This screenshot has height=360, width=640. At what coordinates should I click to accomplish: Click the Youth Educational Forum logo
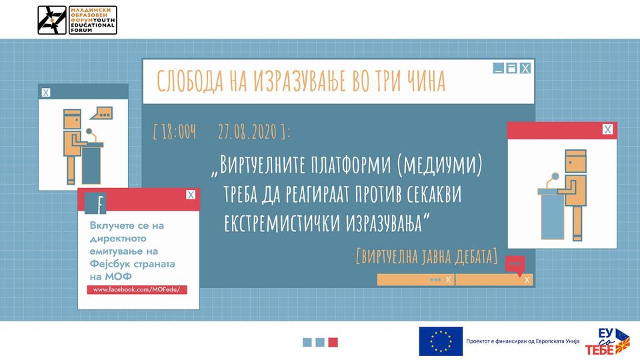pyautogui.click(x=77, y=19)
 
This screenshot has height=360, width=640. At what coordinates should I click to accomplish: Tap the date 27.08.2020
pyautogui.click(x=247, y=131)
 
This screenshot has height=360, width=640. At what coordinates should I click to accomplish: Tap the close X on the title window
pyautogui.click(x=525, y=68)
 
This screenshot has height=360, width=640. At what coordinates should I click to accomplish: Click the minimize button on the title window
pyautogui.click(x=499, y=68)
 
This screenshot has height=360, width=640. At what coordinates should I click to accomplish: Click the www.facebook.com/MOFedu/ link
pyautogui.click(x=137, y=289)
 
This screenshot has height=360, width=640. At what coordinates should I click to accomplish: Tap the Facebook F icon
pyautogui.click(x=95, y=203)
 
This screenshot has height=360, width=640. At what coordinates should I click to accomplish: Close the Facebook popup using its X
pyautogui.click(x=191, y=195)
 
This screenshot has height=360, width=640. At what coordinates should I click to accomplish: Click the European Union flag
pyautogui.click(x=441, y=341)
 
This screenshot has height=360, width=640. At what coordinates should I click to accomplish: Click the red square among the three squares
pyautogui.click(x=333, y=342)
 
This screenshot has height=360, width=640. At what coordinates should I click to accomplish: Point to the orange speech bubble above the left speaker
pyautogui.click(x=101, y=113)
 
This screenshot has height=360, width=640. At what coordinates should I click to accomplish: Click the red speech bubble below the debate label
pyautogui.click(x=515, y=265)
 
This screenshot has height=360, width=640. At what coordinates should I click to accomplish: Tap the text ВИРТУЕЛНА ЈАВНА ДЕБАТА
pyautogui.click(x=427, y=256)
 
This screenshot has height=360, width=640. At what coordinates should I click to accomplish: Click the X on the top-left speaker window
pyautogui.click(x=46, y=93)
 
